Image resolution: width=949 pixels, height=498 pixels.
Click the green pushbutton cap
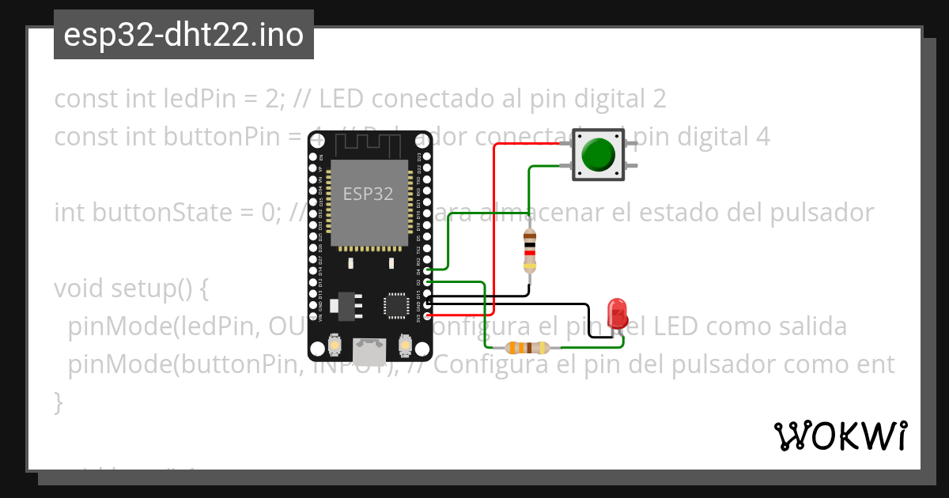coord(598,154)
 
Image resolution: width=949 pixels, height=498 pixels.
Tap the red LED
coord(616,314)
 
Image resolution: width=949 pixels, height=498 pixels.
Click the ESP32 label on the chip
coord(368,194)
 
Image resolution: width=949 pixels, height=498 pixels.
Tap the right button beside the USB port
coord(405,345)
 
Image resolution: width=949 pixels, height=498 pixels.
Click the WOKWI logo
coord(840,436)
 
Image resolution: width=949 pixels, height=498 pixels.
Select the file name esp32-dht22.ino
coord(183,35)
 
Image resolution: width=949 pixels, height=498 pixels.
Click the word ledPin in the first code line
coord(195,99)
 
